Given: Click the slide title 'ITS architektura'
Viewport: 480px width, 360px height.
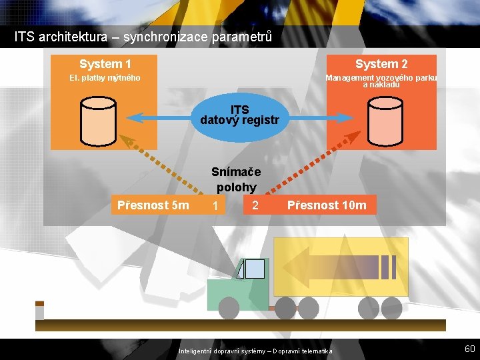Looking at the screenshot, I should click(x=143, y=37).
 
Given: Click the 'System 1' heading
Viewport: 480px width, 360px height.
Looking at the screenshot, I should click(x=105, y=64).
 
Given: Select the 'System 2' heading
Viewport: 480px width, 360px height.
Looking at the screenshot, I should click(x=381, y=64).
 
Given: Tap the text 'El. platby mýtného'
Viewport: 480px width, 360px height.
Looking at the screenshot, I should click(x=105, y=79).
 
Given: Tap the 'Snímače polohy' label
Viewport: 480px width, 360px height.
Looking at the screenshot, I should click(x=236, y=179).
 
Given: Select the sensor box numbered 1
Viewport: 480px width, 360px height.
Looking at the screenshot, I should click(x=215, y=206).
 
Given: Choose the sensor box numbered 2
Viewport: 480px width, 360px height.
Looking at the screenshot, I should click(x=255, y=205).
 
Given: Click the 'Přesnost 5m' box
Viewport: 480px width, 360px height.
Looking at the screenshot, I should click(x=153, y=205).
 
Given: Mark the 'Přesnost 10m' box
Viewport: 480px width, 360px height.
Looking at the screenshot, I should click(x=327, y=205).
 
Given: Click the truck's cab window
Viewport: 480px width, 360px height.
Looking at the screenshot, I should click(x=254, y=269).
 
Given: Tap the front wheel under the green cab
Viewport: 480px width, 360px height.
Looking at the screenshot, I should click(x=229, y=307).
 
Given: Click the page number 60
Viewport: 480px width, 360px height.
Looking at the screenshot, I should click(x=469, y=349).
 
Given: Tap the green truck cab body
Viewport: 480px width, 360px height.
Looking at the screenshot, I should click(x=233, y=290).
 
